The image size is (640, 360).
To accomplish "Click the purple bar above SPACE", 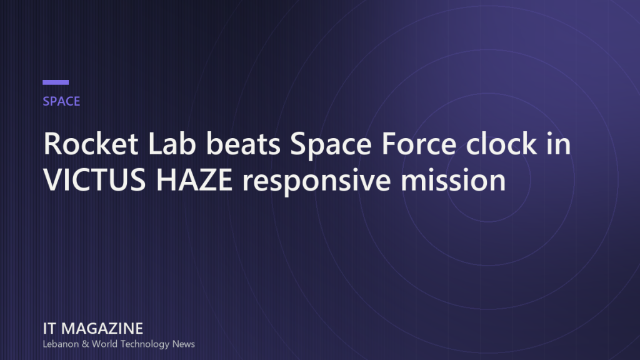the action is point(56,82).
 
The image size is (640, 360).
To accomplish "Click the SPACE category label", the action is point(61,101).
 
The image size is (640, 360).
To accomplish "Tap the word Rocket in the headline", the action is point(91,144).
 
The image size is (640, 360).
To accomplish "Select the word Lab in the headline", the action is point(172,144).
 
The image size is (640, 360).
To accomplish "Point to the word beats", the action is point(243,144).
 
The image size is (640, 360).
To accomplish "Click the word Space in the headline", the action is point(331,146).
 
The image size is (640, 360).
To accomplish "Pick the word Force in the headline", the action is point(419,144).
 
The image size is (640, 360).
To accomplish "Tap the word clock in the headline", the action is point(501,144).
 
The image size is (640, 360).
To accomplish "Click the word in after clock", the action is point(559,144).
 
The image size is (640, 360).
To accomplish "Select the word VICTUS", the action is point(94,180).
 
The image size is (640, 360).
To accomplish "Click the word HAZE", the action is point(194,180).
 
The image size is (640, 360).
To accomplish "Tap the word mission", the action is point(453,180).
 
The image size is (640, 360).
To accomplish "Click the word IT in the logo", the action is point(49,329).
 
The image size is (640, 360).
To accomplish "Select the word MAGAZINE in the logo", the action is point(102,329).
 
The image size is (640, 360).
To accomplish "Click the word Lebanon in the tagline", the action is point(61,344).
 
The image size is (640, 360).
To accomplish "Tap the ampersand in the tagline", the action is point(85,344).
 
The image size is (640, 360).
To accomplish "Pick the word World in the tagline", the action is point(104,344).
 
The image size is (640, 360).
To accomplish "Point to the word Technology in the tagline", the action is point(145,345).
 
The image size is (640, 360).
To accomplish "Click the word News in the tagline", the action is point(183,344).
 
